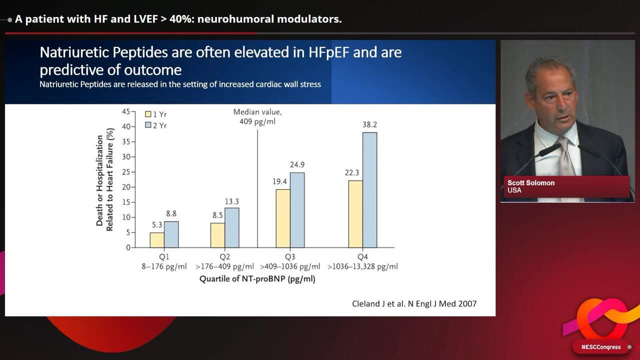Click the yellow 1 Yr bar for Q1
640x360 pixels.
[157, 240]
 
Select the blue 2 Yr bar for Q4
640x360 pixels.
[369, 190]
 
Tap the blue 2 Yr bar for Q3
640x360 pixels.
[297, 210]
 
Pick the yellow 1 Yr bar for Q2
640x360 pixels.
[217, 235]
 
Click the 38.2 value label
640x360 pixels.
[369, 125]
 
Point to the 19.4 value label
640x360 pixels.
[282, 182]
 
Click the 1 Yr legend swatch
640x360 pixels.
[148, 114]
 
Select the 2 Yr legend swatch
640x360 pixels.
[148, 125]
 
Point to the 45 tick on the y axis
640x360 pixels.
[126, 111]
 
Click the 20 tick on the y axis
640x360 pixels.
[126, 187]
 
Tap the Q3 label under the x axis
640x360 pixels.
[290, 257]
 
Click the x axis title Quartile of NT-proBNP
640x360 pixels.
[257, 279]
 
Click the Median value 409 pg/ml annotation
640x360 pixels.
[257, 117]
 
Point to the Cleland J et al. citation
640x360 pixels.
[414, 303]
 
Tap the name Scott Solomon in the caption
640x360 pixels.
[531, 183]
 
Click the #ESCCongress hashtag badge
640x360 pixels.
[601, 347]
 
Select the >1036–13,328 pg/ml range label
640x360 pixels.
[362, 266]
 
